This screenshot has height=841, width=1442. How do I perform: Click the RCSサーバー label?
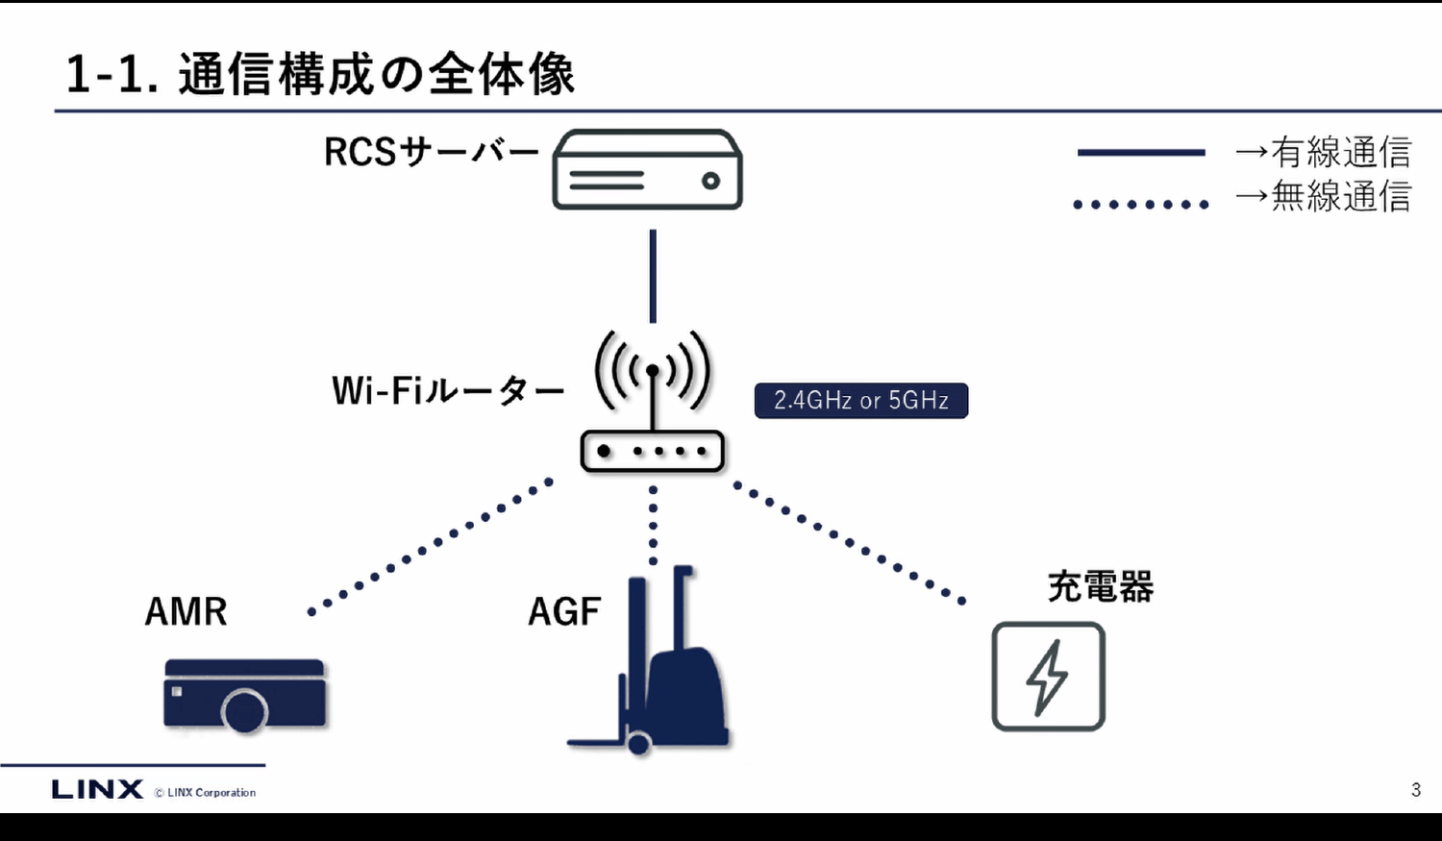point(431,152)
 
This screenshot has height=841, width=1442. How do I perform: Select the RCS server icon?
point(647,170)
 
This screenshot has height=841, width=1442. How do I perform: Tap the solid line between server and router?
point(653,276)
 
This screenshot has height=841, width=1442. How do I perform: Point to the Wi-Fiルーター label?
point(447,391)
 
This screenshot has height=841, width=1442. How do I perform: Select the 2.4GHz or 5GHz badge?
point(860,401)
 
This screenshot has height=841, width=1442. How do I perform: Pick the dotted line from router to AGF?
point(653,525)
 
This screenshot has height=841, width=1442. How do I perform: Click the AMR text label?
point(186,612)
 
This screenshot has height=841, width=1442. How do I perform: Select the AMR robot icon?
point(245,694)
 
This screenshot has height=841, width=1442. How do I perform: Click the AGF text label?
point(564,612)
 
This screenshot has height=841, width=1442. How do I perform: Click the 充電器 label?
point(1100,586)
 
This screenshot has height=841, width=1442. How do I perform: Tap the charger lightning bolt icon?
point(1048,677)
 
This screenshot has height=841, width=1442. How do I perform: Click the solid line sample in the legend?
point(1141,152)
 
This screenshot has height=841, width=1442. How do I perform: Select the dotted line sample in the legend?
point(1141,204)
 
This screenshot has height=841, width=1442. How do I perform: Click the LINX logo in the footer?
point(97,789)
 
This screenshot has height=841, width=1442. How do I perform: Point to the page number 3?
point(1416,790)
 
